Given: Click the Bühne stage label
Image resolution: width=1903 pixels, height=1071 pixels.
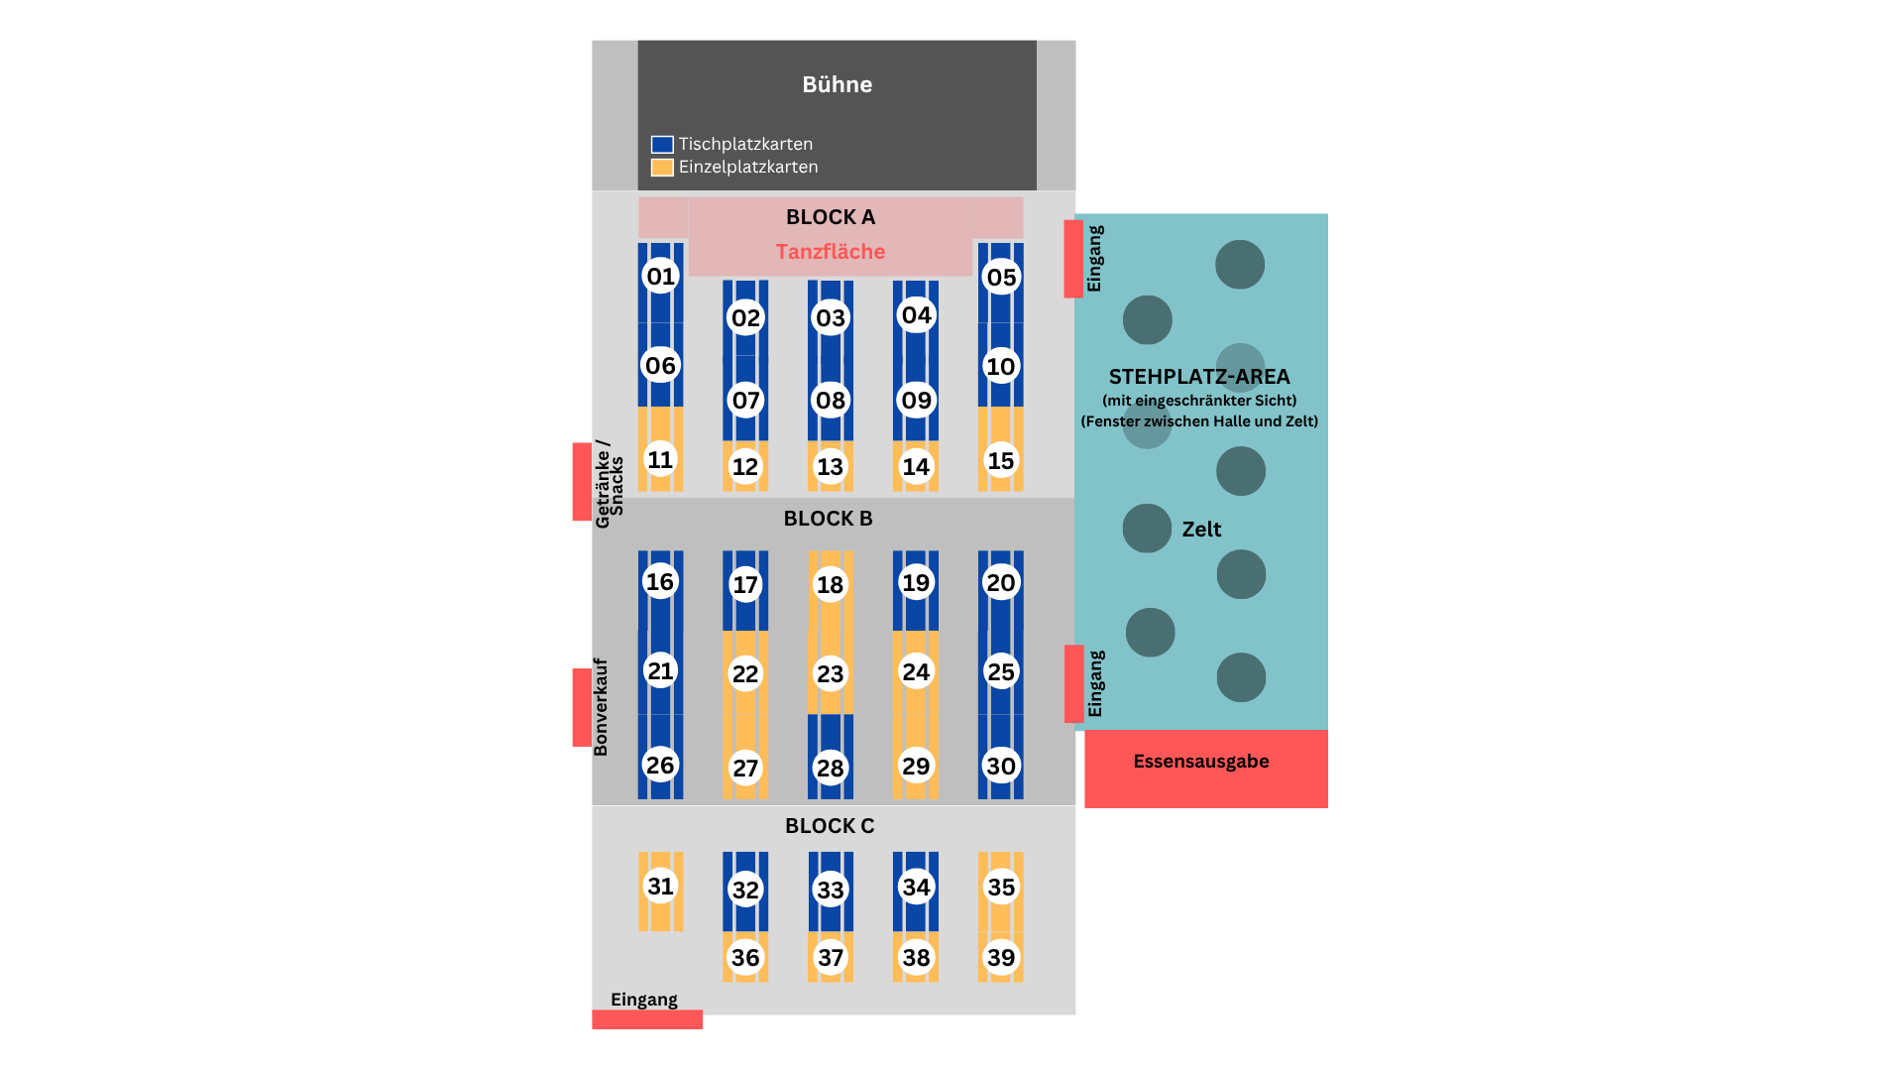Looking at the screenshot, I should pyautogui.click(x=837, y=84).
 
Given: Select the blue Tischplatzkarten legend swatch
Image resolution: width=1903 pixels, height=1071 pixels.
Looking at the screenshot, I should pyautogui.click(x=662, y=145).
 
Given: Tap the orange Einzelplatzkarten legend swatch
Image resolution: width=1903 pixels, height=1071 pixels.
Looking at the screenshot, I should pyautogui.click(x=662, y=168).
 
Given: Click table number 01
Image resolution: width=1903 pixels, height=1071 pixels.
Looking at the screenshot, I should pyautogui.click(x=660, y=276).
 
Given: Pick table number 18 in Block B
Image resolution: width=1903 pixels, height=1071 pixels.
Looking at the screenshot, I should pyautogui.click(x=830, y=584).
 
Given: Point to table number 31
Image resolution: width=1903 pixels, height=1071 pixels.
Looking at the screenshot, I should pyautogui.click(x=660, y=886).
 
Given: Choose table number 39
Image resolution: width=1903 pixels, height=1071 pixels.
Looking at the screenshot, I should pyautogui.click(x=1001, y=957).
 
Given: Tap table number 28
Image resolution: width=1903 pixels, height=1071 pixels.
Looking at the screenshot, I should pyautogui.click(x=830, y=768).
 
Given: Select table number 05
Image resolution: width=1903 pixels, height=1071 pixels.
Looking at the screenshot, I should pyautogui.click(x=1001, y=277).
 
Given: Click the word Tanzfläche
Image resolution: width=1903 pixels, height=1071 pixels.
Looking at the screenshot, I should pyautogui.click(x=830, y=252).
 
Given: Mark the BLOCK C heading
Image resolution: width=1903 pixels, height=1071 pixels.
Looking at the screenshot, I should pyautogui.click(x=830, y=826).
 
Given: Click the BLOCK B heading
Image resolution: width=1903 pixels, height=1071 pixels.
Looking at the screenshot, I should pyautogui.click(x=828, y=519).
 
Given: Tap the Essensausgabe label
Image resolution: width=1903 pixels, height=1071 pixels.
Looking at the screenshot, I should pyautogui.click(x=1200, y=762).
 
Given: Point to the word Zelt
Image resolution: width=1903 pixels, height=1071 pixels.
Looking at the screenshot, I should pyautogui.click(x=1201, y=530).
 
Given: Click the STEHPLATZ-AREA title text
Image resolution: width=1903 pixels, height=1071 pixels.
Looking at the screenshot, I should pyautogui.click(x=1199, y=377).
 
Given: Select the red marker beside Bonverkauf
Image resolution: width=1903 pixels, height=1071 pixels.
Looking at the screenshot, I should pyautogui.click(x=582, y=707).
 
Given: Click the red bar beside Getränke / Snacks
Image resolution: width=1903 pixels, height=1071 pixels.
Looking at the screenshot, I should pyautogui.click(x=582, y=481).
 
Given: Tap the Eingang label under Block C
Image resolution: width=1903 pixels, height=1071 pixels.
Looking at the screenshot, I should pyautogui.click(x=644, y=1000).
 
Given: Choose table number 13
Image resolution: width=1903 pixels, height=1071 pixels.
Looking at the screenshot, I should pyautogui.click(x=830, y=466).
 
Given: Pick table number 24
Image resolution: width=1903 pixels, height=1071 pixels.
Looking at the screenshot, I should pyautogui.click(x=916, y=671).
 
